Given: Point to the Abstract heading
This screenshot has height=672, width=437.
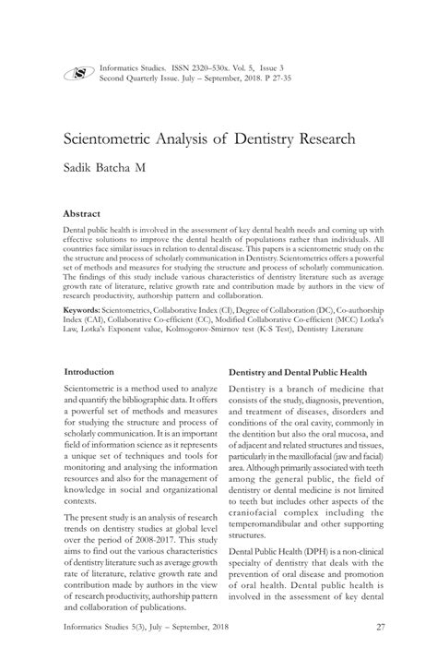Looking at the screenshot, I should point(84,212).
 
